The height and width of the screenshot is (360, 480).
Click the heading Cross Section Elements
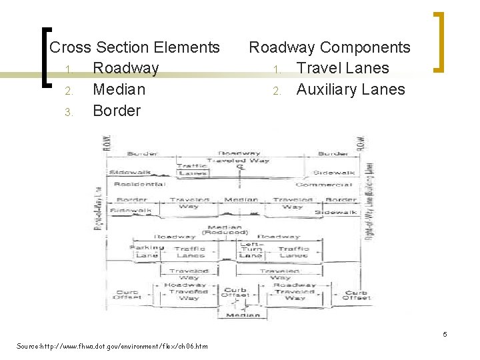point(135,47)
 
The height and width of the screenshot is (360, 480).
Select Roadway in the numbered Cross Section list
point(126,68)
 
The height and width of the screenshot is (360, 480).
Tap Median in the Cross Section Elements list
point(119,89)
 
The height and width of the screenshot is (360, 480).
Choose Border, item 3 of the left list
point(117,111)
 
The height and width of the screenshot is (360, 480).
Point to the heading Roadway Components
point(329,47)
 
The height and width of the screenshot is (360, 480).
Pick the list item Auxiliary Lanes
point(350,89)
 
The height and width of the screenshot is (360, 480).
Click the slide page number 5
point(445,333)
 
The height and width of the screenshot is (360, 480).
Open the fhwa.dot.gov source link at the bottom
point(112,346)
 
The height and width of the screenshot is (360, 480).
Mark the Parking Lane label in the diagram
point(146,251)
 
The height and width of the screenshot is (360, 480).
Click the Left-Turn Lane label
point(251,249)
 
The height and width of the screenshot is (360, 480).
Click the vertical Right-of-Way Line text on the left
point(97,207)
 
